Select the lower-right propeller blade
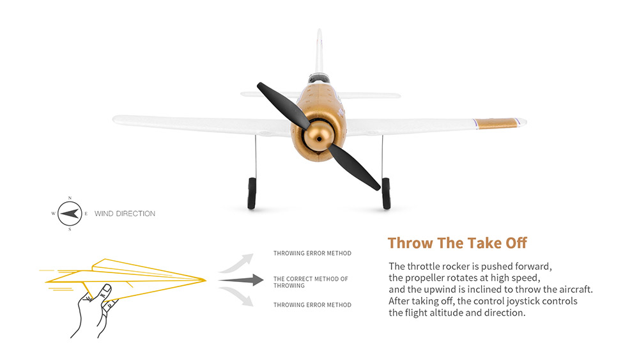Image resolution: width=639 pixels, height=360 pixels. (x=354, y=167)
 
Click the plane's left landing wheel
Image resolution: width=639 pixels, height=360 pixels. (x=252, y=193)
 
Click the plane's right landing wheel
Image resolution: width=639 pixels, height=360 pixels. (x=386, y=193)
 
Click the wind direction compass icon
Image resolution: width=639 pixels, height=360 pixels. (x=70, y=214)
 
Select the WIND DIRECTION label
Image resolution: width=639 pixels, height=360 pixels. (x=125, y=214)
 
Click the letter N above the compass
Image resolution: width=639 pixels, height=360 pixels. (x=70, y=198)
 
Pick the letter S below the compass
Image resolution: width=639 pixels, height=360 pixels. (x=70, y=229)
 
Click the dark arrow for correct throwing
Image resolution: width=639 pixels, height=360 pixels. (x=241, y=280)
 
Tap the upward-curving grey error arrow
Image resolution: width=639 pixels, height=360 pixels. (x=237, y=263)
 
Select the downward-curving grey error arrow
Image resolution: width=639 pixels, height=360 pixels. (x=237, y=297)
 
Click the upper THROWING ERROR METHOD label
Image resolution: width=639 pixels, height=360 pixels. (x=312, y=253)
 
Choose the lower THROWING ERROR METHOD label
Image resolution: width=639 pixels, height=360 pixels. (x=312, y=305)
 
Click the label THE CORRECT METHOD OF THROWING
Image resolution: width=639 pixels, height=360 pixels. (x=311, y=282)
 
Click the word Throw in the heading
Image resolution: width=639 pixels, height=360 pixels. (x=410, y=243)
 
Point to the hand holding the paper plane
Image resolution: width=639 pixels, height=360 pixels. (x=95, y=311)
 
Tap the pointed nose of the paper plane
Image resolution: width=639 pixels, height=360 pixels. (x=204, y=279)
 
